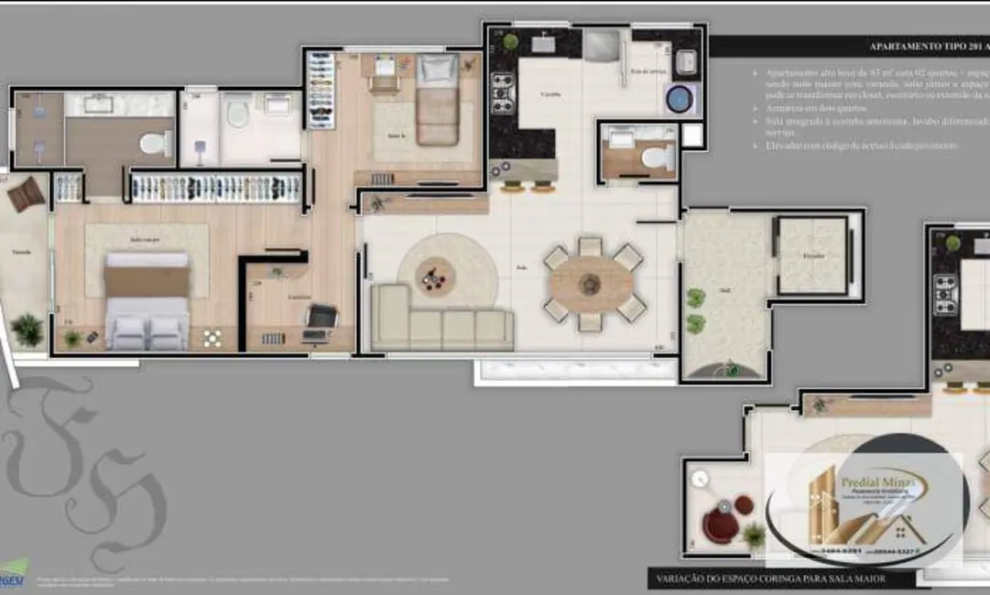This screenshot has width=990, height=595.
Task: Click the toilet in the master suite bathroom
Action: (x=155, y=144)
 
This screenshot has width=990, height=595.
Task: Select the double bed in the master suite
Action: (x=147, y=302)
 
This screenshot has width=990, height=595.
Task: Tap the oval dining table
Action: (x=591, y=284)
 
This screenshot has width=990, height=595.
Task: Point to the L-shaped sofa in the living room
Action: (x=440, y=320)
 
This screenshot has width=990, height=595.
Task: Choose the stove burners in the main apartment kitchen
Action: (x=503, y=92)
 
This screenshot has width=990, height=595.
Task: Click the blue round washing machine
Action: (x=678, y=98)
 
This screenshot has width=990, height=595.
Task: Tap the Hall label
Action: (x=723, y=292)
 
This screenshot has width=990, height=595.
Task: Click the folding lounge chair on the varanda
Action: (x=26, y=194)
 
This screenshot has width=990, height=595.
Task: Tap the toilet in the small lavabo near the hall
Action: (x=656, y=157)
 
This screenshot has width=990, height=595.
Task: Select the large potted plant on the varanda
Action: (x=27, y=330)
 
